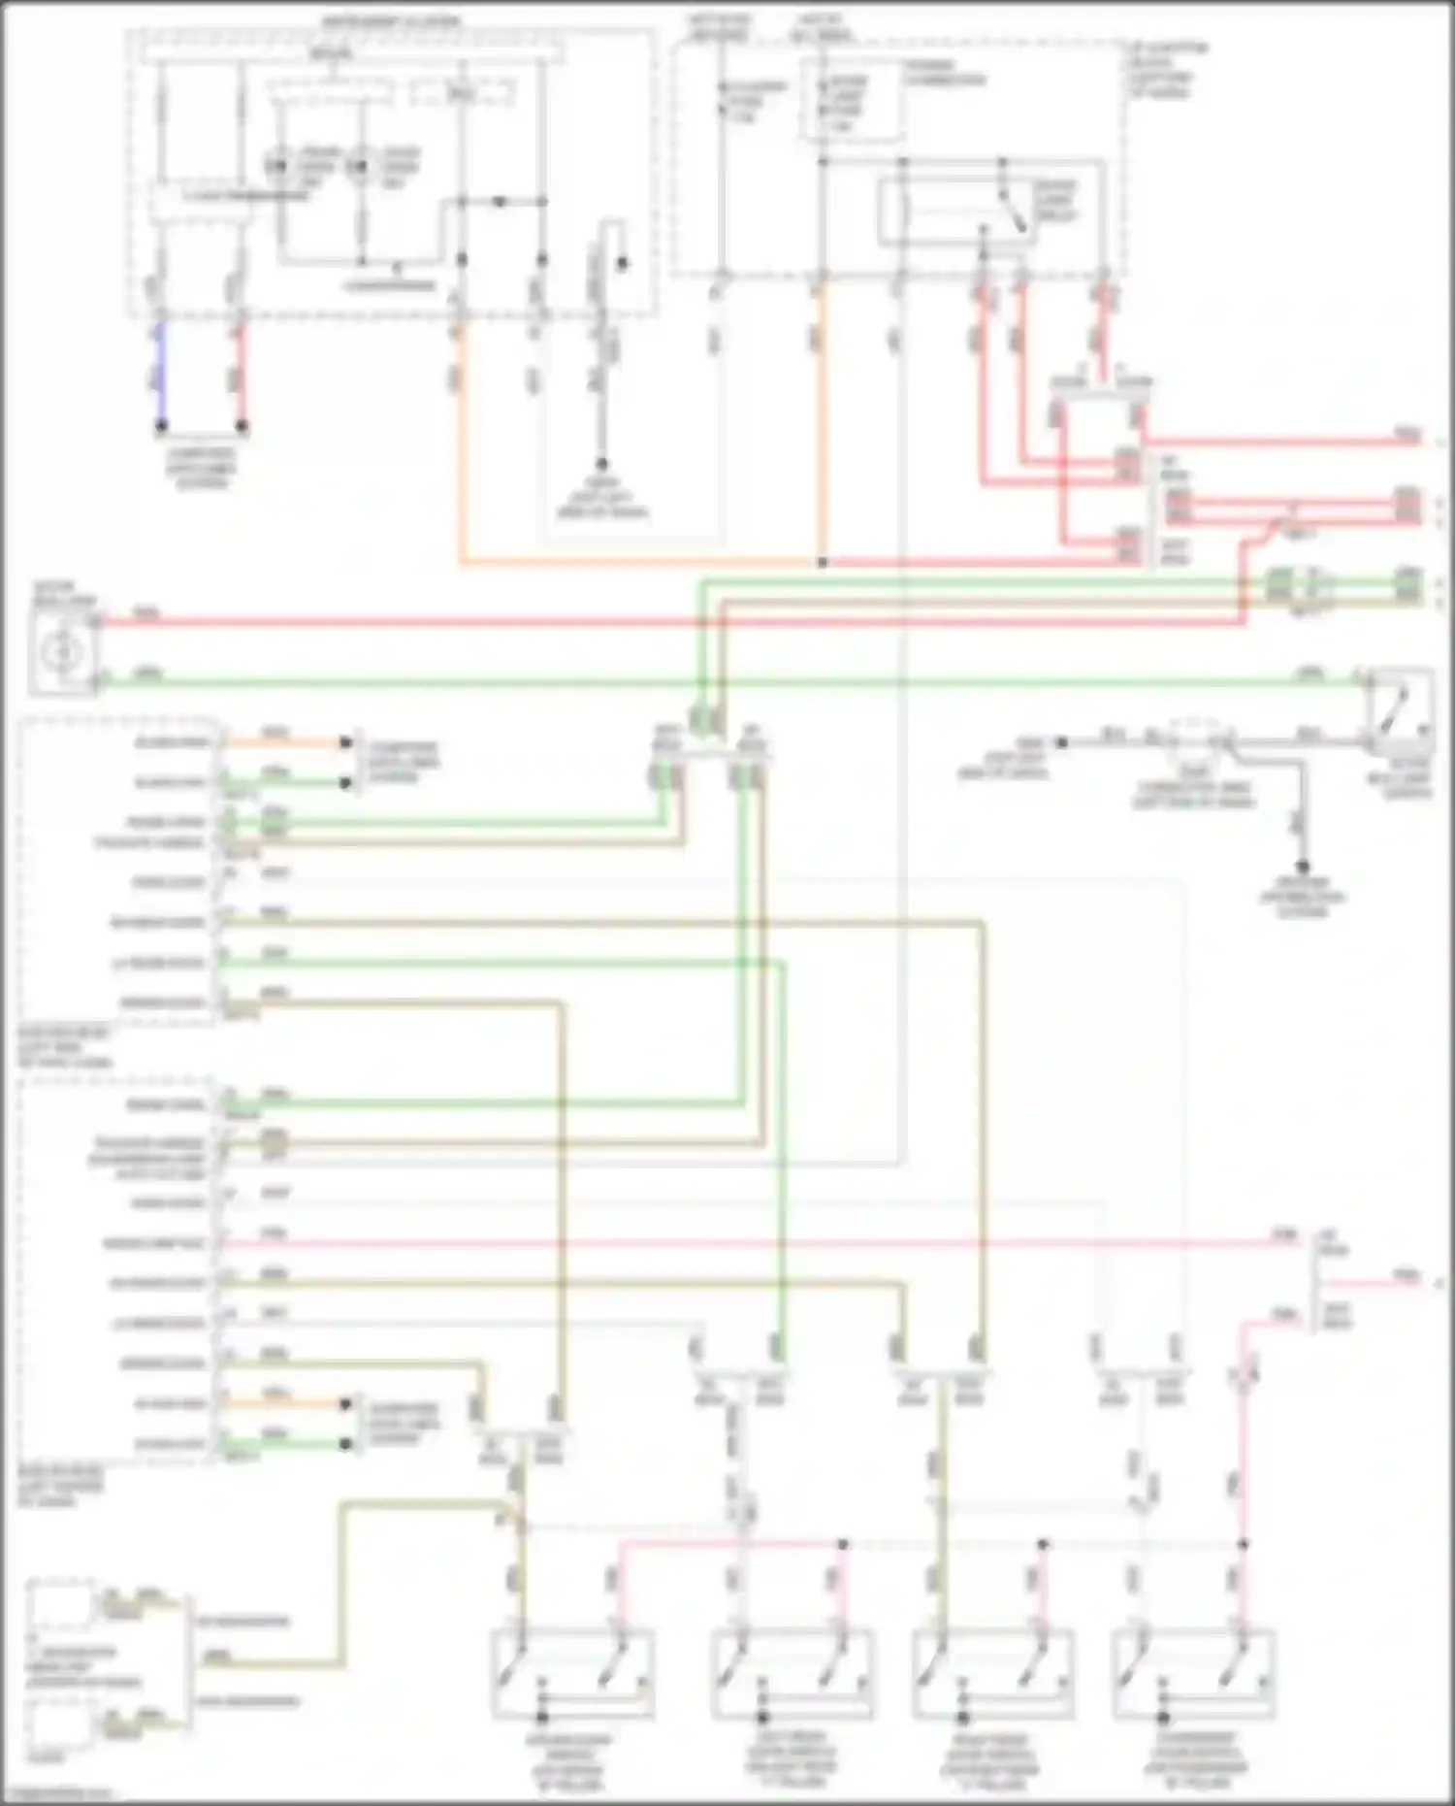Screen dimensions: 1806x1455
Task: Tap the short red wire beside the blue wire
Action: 242,374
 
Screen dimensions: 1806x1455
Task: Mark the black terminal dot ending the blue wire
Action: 162,426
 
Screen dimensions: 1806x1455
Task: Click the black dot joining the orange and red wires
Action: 823,562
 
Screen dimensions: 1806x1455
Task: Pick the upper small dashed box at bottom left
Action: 60,1606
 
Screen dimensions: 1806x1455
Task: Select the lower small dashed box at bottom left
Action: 60,1725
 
